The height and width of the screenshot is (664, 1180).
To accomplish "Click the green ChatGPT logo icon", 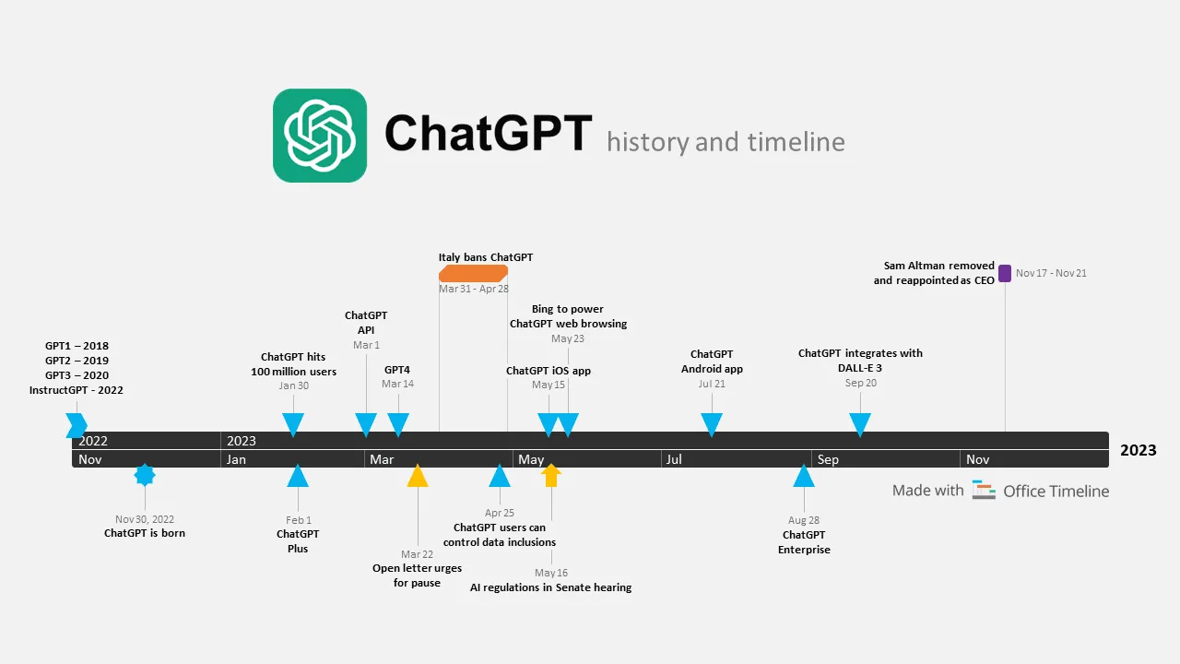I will pyautogui.click(x=320, y=136).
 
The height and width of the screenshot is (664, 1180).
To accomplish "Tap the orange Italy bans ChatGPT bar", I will pyautogui.click(x=473, y=273).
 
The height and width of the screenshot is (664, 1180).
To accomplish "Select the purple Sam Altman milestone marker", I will pyautogui.click(x=1005, y=273).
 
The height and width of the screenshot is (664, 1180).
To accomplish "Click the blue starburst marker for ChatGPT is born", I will pyautogui.click(x=145, y=475).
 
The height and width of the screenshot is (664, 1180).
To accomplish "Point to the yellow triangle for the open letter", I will pyautogui.click(x=418, y=477).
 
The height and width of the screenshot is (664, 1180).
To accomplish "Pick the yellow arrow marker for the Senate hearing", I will pyautogui.click(x=551, y=475).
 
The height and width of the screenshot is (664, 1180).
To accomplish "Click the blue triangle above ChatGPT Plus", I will pyautogui.click(x=297, y=477).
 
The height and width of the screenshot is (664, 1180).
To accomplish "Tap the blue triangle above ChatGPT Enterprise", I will pyautogui.click(x=804, y=477).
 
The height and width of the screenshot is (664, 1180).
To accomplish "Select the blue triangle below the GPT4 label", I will pyautogui.click(x=398, y=424).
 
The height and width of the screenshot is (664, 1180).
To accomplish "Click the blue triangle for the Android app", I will pyautogui.click(x=711, y=424).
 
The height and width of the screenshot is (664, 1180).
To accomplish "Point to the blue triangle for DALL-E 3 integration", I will pyautogui.click(x=860, y=424).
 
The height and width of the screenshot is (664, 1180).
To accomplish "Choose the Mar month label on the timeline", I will pyautogui.click(x=382, y=459).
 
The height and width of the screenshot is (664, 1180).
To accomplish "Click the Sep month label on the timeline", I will pyautogui.click(x=828, y=459).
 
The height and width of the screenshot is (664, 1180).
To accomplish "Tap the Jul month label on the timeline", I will pyautogui.click(x=674, y=459).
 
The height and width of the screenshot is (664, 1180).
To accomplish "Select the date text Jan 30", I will pyautogui.click(x=294, y=385).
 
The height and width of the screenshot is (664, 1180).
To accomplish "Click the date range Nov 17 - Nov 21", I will pyautogui.click(x=1051, y=273).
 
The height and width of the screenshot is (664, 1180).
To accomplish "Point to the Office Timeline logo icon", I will pyautogui.click(x=984, y=491).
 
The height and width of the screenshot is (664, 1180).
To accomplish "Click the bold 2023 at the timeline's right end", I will pyautogui.click(x=1138, y=450).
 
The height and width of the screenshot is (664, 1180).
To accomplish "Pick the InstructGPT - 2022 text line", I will pyautogui.click(x=76, y=390).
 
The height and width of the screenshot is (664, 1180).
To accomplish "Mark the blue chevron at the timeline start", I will pyautogui.click(x=77, y=425).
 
